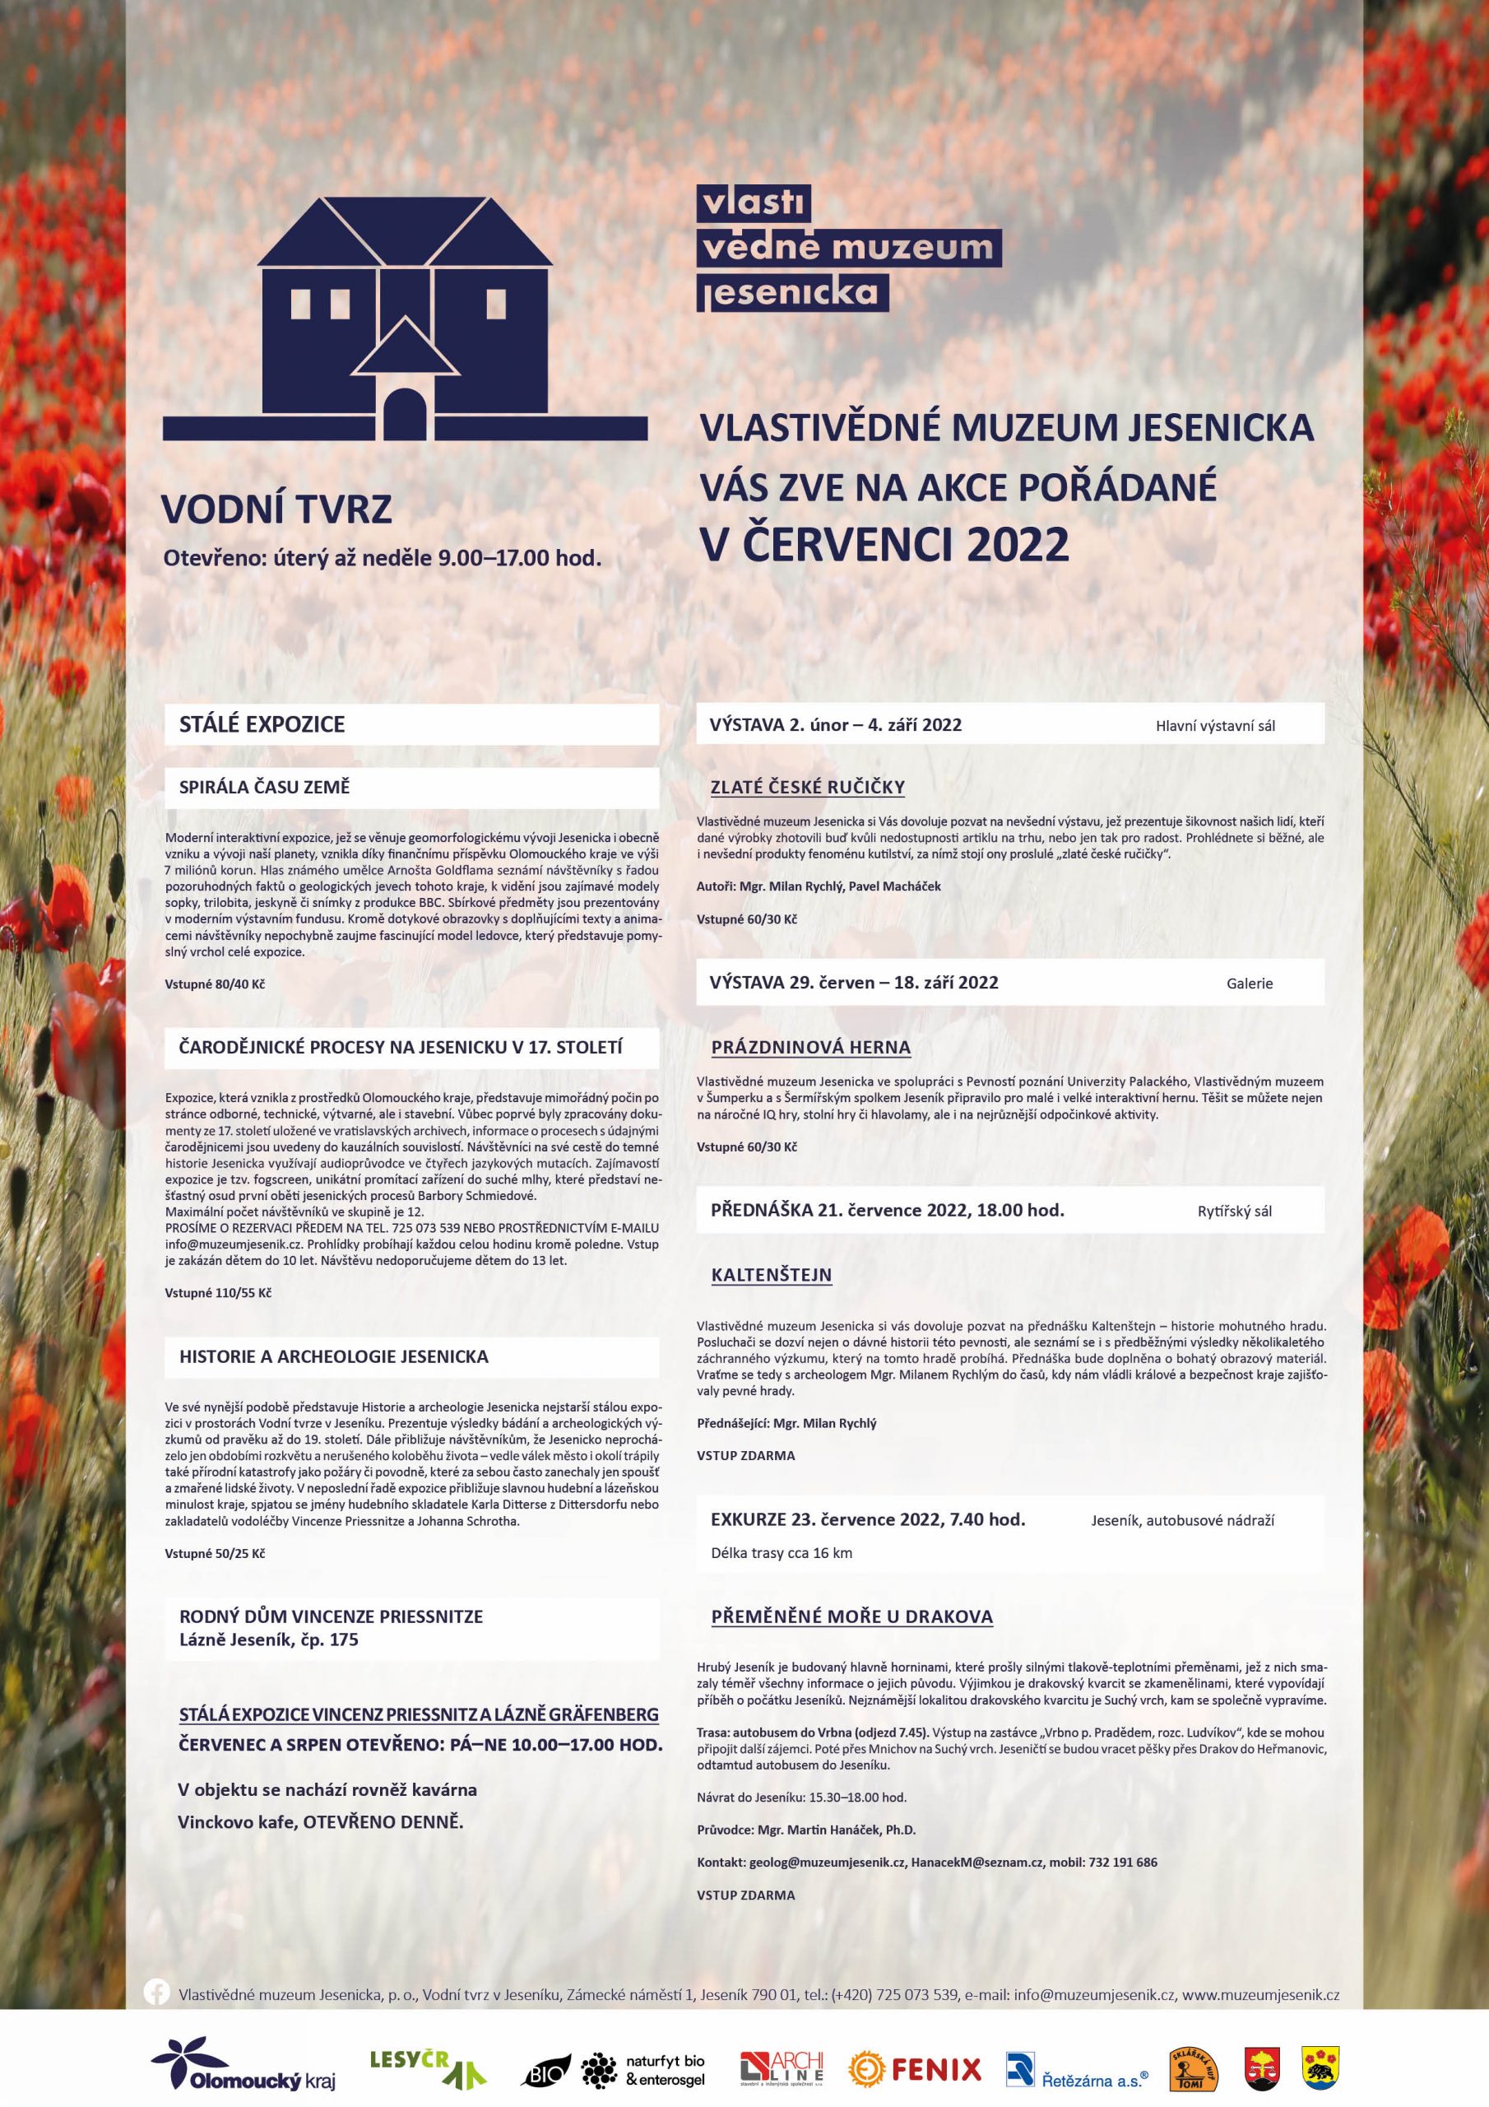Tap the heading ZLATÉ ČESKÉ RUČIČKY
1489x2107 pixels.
pyautogui.click(x=807, y=787)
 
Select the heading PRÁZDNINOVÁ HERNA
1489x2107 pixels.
pyautogui.click(x=811, y=1047)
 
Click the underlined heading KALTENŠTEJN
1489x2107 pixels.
pyautogui.click(x=771, y=1275)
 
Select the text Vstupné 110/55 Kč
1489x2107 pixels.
pyautogui.click(x=218, y=1293)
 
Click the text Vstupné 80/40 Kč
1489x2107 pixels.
pyautogui.click(x=216, y=983)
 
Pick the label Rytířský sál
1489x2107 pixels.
pyautogui.click(x=1234, y=1211)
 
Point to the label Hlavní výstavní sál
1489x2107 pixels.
pyautogui.click(x=1215, y=726)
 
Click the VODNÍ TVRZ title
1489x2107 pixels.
pyautogui.click(x=277, y=510)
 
